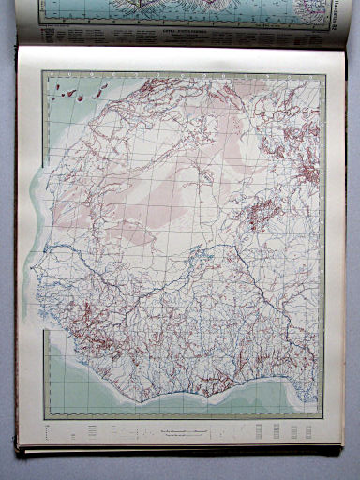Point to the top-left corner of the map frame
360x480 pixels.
(41, 68)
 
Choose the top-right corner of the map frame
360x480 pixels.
(323, 70)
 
